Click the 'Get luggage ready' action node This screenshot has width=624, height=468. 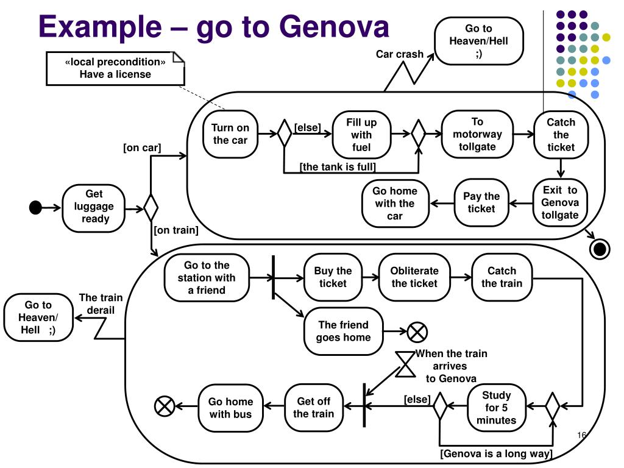point(93,208)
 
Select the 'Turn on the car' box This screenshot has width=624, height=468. point(230,135)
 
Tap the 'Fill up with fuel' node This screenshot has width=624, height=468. point(361,135)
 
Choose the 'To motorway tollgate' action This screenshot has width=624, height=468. point(477,135)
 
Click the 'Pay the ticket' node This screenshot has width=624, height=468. point(481,202)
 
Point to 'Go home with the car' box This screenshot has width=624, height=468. point(395,204)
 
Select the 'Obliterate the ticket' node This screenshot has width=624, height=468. point(414,277)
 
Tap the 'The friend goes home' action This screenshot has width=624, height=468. point(344,331)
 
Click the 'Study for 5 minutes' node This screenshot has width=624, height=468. point(496,408)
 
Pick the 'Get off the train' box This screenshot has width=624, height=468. point(314,408)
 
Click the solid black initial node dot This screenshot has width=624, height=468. point(35,208)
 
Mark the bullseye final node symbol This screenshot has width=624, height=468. point(600,249)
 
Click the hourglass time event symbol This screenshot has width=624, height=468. point(405,364)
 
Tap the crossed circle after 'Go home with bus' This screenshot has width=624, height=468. point(165,406)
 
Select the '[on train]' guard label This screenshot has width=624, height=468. point(176,230)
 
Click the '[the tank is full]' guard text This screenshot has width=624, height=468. point(338,167)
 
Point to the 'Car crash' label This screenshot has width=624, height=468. point(400,54)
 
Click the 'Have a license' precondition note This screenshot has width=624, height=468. point(115,68)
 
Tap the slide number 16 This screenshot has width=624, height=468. point(581,435)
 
